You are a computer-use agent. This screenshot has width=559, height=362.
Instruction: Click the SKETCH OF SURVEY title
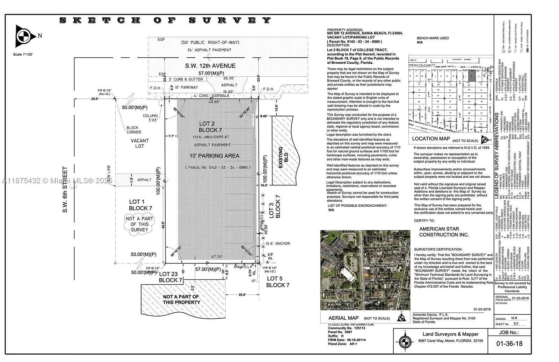165,20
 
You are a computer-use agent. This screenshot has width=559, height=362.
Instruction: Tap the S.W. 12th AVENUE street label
210,66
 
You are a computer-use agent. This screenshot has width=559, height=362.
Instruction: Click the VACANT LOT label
139,143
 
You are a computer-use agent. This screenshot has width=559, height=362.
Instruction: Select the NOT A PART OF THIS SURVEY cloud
139,224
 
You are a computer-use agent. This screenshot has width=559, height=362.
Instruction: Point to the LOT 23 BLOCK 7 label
170,277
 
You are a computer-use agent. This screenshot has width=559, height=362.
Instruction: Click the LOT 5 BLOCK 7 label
278,282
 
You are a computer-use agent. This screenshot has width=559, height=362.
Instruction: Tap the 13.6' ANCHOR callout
277,243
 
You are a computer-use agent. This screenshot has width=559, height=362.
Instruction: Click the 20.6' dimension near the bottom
242,295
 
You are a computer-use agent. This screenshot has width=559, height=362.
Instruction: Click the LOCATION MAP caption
431,139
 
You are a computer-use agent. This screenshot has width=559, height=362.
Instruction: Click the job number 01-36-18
509,343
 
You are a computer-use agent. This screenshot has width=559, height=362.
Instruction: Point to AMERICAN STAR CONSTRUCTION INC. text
444,232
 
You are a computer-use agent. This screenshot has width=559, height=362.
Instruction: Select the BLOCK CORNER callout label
133,130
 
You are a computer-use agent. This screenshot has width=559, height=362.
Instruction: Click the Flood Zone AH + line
343,344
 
